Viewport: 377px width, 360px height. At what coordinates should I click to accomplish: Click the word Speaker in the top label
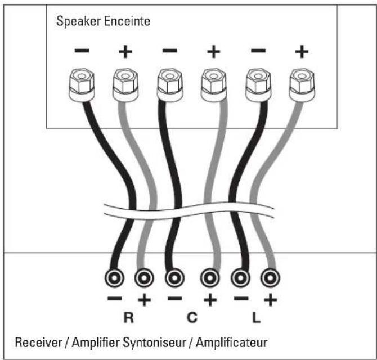point(78,21)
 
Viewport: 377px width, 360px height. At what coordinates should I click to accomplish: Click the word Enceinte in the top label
point(127,21)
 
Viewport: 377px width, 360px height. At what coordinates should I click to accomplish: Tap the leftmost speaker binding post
point(82,85)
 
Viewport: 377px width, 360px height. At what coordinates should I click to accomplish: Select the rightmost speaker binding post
point(302,85)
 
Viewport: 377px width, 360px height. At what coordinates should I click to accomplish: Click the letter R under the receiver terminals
point(129,317)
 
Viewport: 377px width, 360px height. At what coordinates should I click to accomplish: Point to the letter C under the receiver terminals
point(192,317)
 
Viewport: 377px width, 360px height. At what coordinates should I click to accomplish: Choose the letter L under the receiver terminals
point(256,317)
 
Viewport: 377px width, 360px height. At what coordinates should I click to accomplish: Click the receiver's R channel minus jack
point(114,278)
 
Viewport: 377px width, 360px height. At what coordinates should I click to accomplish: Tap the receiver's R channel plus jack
point(144,278)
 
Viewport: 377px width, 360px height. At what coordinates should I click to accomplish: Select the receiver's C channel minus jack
point(174,278)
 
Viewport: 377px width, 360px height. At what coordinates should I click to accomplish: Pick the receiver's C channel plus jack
point(210,278)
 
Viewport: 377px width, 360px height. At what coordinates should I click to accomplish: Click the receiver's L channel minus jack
point(240,278)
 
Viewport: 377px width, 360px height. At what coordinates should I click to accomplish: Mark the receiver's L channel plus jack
point(270,278)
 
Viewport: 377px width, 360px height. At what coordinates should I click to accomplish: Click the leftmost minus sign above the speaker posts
point(82,51)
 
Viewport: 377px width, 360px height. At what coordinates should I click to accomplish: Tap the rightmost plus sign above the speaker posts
point(302,51)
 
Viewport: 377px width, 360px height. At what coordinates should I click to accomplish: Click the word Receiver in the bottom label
point(38,342)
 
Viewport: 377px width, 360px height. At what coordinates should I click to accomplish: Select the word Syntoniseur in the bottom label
point(154,343)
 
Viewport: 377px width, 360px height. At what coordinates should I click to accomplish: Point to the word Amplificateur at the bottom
point(231,343)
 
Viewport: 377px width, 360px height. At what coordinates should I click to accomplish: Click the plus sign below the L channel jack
point(271,300)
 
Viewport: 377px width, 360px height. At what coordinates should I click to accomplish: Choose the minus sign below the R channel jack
point(115,299)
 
